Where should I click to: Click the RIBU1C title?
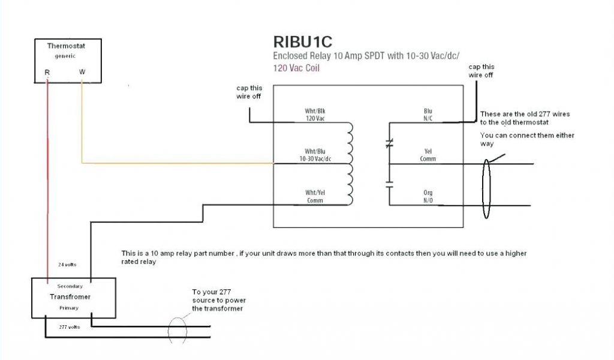coord(302,43)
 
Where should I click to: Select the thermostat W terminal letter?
coord(82,73)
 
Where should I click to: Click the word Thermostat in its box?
coord(66,46)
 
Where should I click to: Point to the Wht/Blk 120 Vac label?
coord(314,115)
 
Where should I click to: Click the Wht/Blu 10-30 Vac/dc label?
coord(314,155)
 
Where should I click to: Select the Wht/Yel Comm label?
coord(314,196)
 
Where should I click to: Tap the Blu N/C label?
coord(428,115)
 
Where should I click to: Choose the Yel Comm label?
coord(428,155)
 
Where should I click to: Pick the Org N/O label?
coord(428,196)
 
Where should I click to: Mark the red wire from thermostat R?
coord(47,180)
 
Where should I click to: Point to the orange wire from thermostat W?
coord(174,163)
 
